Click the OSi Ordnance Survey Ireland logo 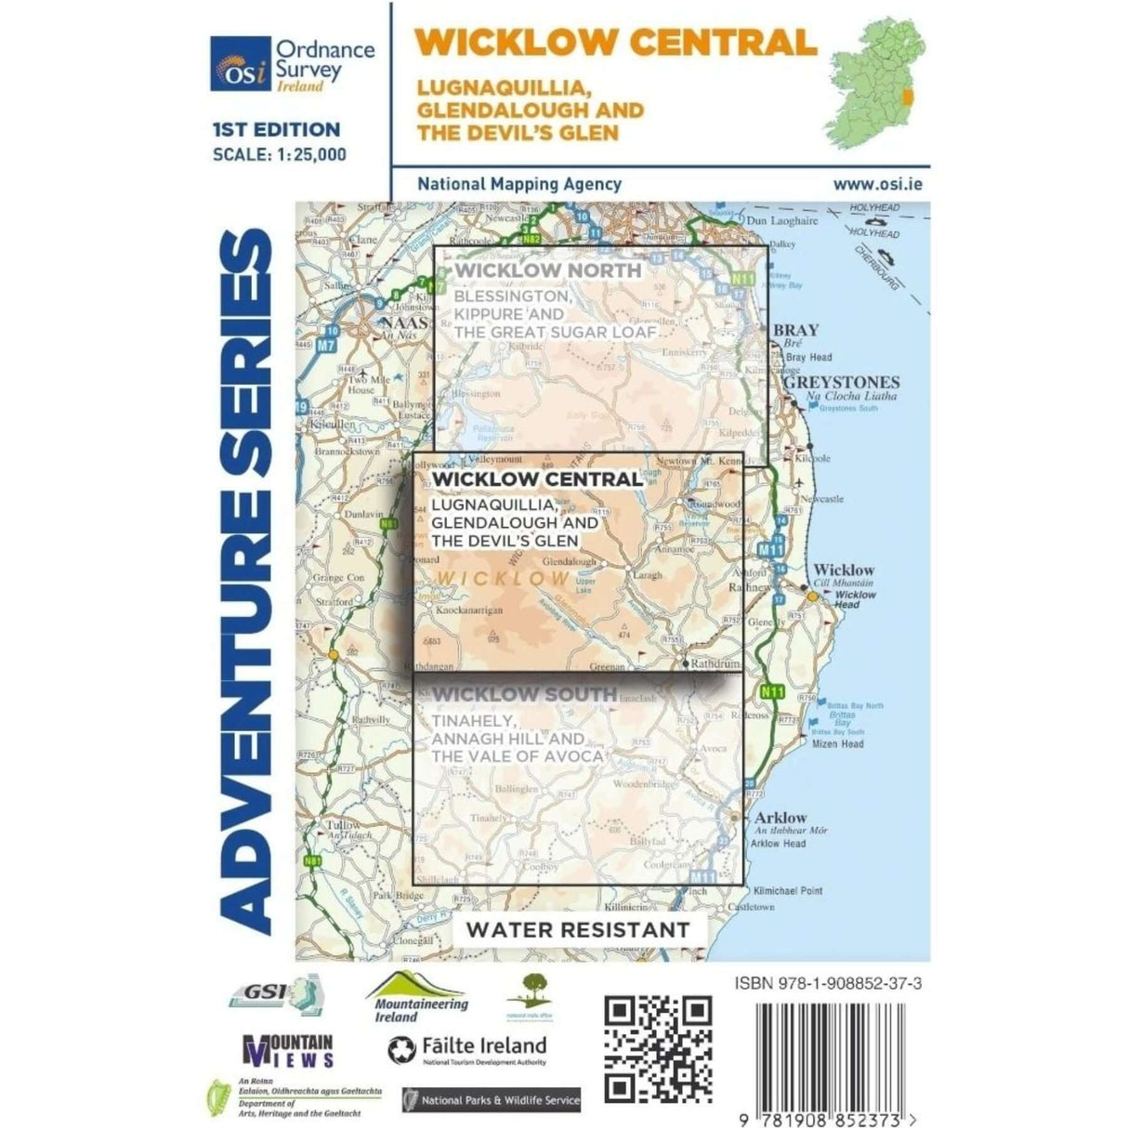click(x=292, y=65)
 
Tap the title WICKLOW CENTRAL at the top click(x=616, y=43)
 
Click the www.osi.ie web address click(x=877, y=184)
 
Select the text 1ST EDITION click(x=276, y=130)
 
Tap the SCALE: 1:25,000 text click(x=279, y=154)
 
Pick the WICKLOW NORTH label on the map click(x=547, y=270)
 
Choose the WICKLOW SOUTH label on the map click(x=524, y=694)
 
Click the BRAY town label click(x=796, y=330)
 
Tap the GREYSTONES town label click(x=842, y=382)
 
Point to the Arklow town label click(x=781, y=818)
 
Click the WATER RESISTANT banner click(x=578, y=929)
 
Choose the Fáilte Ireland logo click(x=467, y=1049)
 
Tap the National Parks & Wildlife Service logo click(x=492, y=1100)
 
